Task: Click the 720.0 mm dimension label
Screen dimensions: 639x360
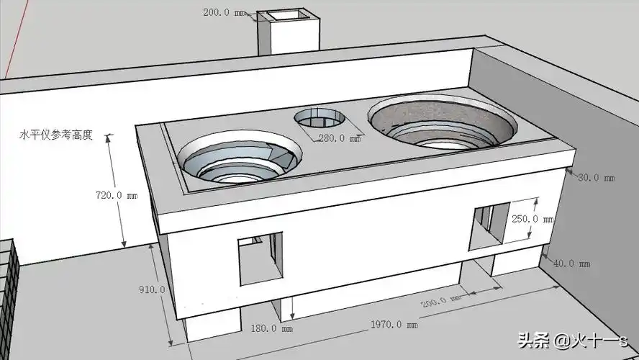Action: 117,195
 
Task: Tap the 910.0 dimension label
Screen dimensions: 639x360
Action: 152,289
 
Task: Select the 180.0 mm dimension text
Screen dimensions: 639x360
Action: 271,328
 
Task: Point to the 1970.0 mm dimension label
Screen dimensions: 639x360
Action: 394,325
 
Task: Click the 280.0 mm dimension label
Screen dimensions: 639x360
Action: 340,138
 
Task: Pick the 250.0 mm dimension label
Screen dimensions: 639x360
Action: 532,219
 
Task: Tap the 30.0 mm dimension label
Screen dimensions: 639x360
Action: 597,178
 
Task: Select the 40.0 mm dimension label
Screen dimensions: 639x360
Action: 571,264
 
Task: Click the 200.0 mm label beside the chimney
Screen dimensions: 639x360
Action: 224,13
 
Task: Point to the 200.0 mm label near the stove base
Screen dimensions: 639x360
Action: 441,302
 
